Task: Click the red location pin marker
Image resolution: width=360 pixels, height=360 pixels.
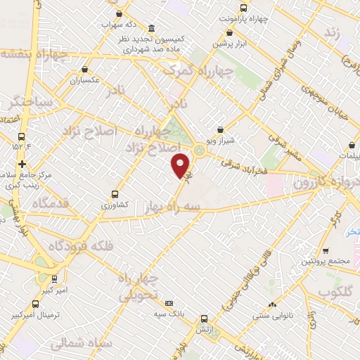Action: point(181,165)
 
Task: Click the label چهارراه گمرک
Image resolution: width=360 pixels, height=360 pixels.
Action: point(198,70)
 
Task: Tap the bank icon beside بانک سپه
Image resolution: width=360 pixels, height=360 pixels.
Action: point(168,302)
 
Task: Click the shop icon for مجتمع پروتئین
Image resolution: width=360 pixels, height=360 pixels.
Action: point(325,251)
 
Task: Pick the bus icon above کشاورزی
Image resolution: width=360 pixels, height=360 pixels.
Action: point(115,194)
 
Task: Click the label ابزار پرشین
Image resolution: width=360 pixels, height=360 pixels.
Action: point(233,42)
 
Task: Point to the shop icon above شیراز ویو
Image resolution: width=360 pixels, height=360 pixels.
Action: point(221,129)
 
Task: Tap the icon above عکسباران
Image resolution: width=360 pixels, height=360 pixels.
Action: point(84,70)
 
